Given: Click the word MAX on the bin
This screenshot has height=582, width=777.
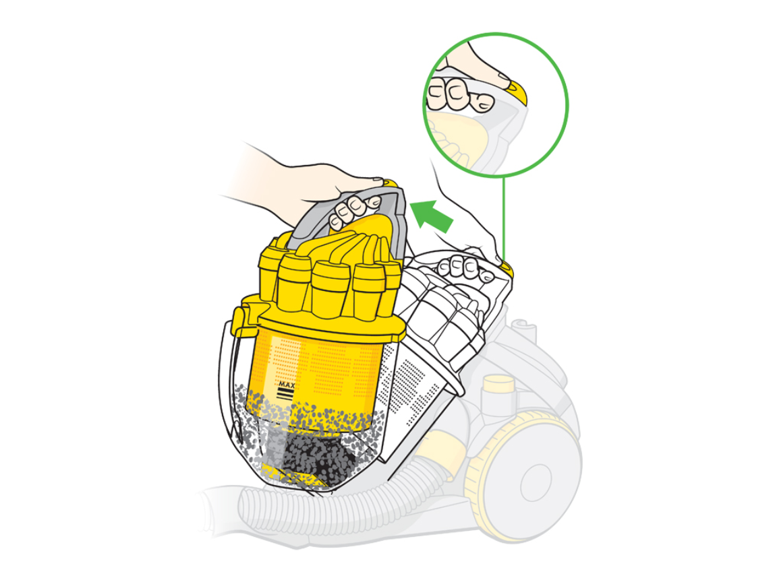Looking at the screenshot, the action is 287,384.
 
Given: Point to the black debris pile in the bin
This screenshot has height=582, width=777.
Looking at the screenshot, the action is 317,455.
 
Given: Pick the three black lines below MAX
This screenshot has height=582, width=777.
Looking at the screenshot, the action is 286,394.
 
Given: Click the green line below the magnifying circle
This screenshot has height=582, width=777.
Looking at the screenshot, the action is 504,218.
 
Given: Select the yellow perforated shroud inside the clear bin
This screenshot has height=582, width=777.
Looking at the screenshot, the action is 317,376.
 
